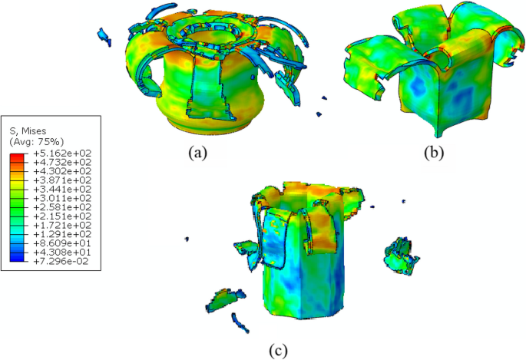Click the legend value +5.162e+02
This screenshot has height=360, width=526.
(62, 154)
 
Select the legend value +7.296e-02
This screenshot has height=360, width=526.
(61, 262)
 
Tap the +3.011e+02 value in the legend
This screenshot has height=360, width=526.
(62, 199)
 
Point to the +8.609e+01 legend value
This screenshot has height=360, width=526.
(62, 243)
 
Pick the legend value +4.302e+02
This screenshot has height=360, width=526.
(62, 172)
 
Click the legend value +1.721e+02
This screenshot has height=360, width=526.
(62, 225)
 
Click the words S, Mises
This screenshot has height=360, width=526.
(28, 131)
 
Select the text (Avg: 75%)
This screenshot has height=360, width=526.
(37, 141)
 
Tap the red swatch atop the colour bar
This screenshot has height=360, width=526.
(17, 156)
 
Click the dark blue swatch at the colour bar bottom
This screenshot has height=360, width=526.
(17, 259)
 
